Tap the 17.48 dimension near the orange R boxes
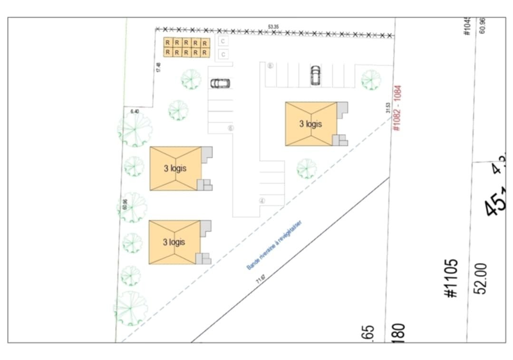coord(158,68)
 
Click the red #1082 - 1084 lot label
coord(397,108)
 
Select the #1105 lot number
coord(452,278)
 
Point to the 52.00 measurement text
coord(481,278)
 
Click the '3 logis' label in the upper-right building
coord(310,124)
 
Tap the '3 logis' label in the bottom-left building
coord(174,242)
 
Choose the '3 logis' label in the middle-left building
coord(175,168)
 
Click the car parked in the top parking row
coord(315,75)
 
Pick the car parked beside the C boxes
coord(221,83)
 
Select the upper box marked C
coord(223,41)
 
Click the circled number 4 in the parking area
coord(261,201)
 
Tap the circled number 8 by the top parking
coord(270,66)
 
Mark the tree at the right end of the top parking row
coord(370,79)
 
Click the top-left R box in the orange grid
coord(167,42)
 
